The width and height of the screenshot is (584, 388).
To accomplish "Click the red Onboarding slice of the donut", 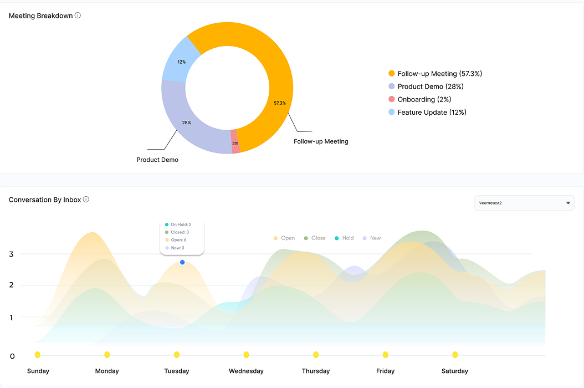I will [235, 141].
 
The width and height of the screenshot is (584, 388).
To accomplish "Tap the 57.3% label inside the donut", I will [280, 103].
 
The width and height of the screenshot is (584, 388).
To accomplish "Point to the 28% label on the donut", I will [187, 122].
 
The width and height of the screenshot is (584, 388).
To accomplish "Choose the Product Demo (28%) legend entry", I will [426, 86].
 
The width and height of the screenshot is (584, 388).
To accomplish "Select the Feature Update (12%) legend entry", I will [427, 112].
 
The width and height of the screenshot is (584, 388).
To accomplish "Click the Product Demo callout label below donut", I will [157, 160].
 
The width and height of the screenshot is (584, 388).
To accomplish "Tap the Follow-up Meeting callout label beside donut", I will [321, 141].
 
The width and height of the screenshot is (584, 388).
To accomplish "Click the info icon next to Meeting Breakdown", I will [78, 16].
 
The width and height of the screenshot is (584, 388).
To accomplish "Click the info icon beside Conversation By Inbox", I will [86, 200].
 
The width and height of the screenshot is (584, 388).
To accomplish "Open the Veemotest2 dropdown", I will [524, 203].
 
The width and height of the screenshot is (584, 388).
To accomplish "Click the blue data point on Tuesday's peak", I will [182, 262].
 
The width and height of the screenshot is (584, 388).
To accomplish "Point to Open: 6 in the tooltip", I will [178, 240].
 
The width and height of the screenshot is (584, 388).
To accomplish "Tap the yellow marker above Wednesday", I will [246, 355].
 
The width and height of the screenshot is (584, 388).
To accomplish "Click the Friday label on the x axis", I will [385, 371].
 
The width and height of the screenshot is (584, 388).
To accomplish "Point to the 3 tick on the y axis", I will [11, 254].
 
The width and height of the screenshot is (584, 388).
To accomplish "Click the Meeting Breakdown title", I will [40, 16].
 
